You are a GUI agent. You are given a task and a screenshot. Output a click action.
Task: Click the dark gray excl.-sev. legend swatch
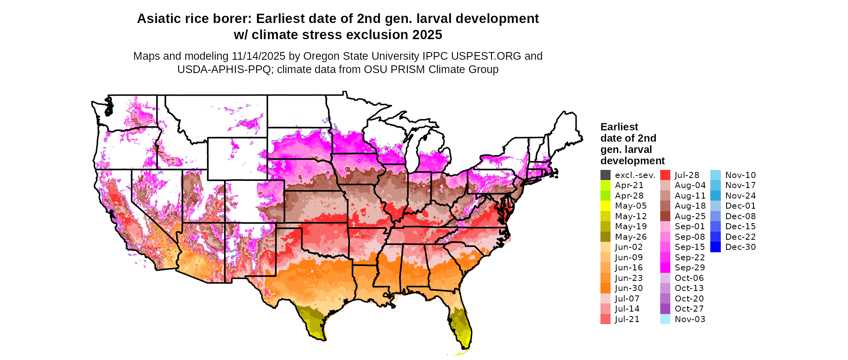(605, 175)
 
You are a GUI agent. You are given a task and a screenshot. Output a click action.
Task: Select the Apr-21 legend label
(629, 185)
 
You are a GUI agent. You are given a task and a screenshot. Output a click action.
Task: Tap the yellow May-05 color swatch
(605, 206)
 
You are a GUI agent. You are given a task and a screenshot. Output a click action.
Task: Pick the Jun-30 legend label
(629, 288)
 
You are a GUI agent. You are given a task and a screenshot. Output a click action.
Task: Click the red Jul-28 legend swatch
(665, 175)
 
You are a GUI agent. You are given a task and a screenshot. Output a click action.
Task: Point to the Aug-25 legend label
(690, 216)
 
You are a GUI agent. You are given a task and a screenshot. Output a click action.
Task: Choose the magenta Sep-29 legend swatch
(665, 268)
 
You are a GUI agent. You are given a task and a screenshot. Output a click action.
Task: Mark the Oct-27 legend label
(689, 309)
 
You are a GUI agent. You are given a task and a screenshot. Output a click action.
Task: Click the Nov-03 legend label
(690, 319)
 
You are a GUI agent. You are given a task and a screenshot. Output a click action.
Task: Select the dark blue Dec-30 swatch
(715, 247)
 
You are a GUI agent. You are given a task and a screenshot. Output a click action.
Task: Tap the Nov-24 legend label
(740, 196)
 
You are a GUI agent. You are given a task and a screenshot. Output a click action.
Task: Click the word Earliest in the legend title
(619, 127)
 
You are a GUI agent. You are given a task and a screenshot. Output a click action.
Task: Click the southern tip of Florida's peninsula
(464, 347)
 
